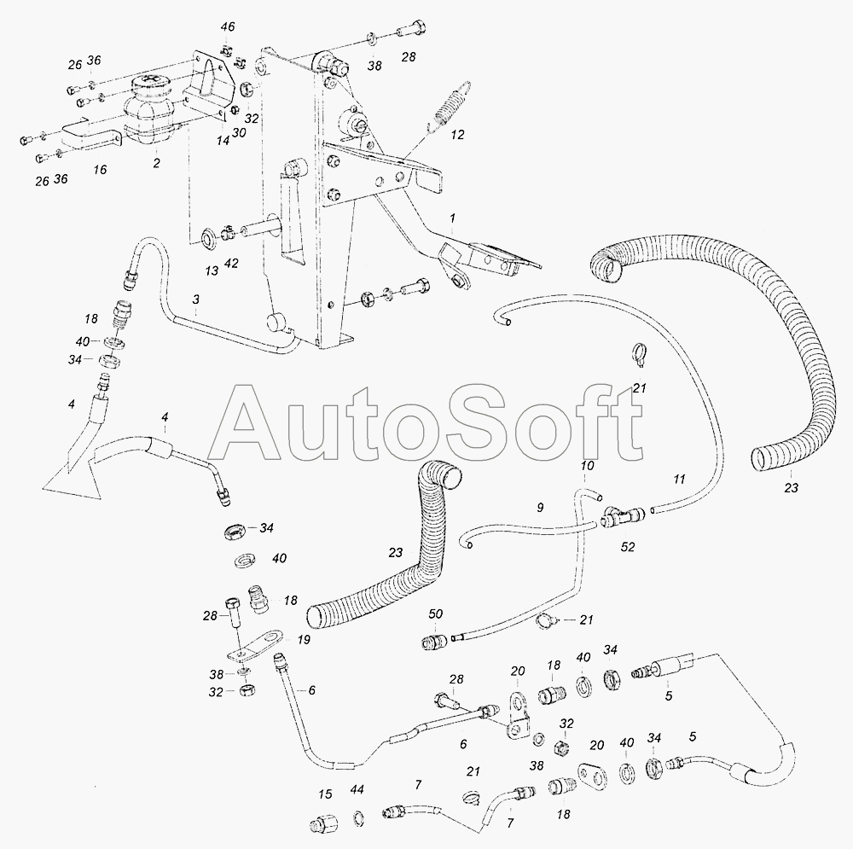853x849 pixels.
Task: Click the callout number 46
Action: [227, 28]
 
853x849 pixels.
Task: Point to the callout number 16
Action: [100, 170]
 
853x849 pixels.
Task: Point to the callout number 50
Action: [436, 614]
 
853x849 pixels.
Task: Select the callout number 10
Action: [587, 467]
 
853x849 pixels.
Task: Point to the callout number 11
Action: [679, 479]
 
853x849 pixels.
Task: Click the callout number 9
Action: [539, 507]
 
